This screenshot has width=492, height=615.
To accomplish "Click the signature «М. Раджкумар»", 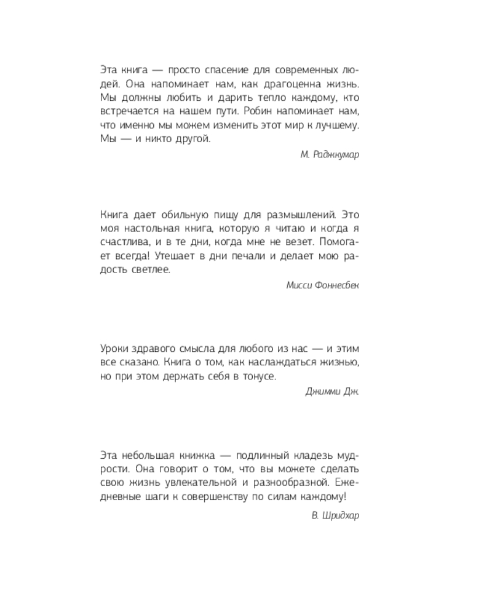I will [330, 154].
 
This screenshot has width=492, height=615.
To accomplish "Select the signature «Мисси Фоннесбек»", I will [323, 285].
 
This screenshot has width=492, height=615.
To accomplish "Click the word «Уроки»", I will [113, 347].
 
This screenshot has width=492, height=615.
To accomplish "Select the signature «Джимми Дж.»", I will [332, 392].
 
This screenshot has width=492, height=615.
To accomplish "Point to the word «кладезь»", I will [305, 456].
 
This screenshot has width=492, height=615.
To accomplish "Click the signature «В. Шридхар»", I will [335, 515].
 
